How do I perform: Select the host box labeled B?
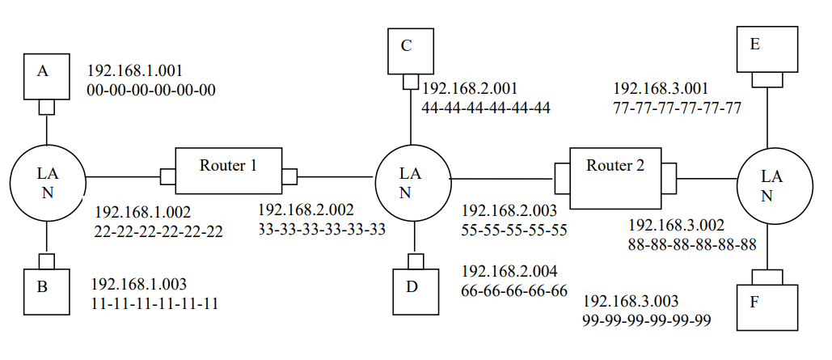click(x=46, y=290)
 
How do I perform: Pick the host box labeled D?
click(x=415, y=290)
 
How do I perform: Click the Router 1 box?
click(x=229, y=170)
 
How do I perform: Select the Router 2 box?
click(x=615, y=171)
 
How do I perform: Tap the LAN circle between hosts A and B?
click(x=48, y=182)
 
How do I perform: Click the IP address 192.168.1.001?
click(x=137, y=70)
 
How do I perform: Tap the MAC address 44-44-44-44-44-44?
click(x=486, y=108)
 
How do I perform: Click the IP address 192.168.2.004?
click(x=509, y=271)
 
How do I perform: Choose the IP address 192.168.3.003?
click(x=631, y=301)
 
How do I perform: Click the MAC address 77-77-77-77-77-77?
click(x=678, y=108)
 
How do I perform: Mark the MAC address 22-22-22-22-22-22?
click(x=158, y=232)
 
